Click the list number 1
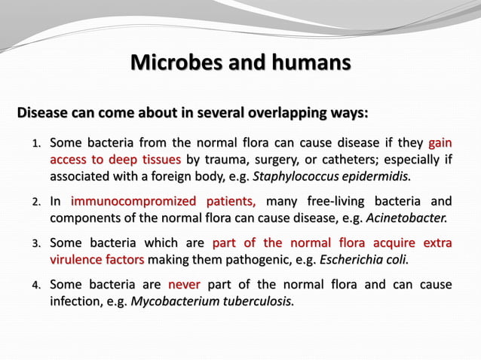tap(35, 143)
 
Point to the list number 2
tap(35, 203)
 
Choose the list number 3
tap(35, 244)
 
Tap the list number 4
tap(35, 285)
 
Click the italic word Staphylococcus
tap(294, 177)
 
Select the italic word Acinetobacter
tap(406, 218)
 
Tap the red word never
tap(184, 285)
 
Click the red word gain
tap(440, 142)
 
